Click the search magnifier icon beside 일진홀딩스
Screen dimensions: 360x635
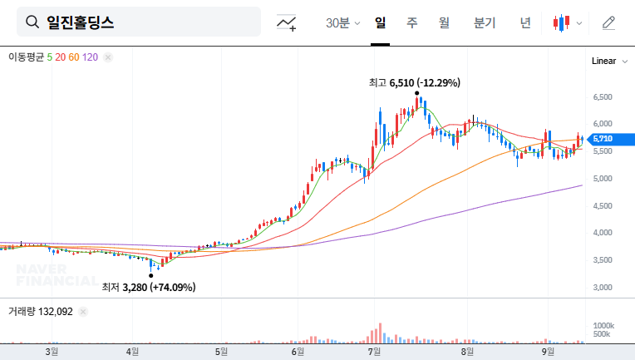[32, 22]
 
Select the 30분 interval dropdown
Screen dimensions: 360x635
[342, 22]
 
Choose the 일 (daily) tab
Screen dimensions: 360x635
[380, 22]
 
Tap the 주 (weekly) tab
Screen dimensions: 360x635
[411, 22]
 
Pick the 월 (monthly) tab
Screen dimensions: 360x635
[444, 22]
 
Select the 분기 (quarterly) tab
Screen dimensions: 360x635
[484, 22]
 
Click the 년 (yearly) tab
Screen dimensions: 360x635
[524, 22]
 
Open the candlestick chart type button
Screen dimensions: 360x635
[567, 22]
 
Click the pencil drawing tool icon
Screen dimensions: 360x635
[608, 22]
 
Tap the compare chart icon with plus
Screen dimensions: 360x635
[287, 22]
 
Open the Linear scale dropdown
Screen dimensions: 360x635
[608, 62]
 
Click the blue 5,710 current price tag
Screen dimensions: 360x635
[603, 139]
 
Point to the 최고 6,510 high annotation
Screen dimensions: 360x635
[414, 83]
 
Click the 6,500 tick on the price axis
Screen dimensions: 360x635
[602, 97]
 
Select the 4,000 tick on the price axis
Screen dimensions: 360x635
[602, 233]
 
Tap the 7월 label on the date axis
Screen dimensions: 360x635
[374, 352]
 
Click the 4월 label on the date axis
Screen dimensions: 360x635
[133, 352]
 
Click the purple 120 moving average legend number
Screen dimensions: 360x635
[91, 57]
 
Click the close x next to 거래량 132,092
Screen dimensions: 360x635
[84, 312]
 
